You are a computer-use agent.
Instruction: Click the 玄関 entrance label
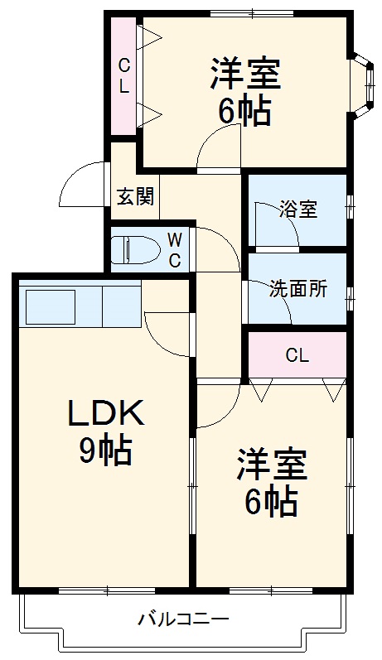(135, 195)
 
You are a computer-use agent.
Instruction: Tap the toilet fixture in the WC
(136, 249)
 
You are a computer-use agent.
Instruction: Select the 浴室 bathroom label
(298, 210)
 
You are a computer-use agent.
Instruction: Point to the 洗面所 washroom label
(298, 289)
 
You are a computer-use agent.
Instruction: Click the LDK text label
(106, 413)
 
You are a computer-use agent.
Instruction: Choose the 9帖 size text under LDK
(105, 450)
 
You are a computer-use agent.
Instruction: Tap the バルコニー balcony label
(184, 619)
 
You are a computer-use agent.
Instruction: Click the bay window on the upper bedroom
(363, 85)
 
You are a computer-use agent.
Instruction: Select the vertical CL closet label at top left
(123, 75)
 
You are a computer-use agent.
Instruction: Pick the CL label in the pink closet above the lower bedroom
(297, 356)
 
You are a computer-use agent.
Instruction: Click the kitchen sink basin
(51, 306)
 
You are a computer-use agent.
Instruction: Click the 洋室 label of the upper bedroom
(245, 74)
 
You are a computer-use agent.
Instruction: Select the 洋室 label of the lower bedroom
(272, 465)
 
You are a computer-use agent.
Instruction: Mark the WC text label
(175, 250)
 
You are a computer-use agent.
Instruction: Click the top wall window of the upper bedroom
(252, 13)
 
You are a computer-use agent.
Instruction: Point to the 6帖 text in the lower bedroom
(272, 502)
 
